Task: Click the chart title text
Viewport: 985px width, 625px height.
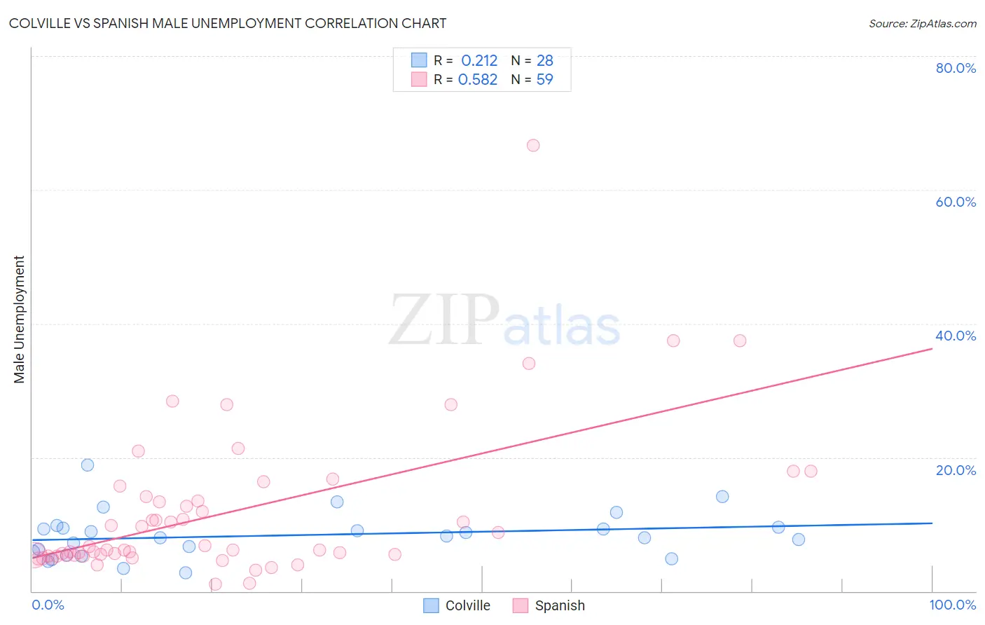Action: tap(228, 23)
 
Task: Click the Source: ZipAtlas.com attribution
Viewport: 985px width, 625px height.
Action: tap(922, 23)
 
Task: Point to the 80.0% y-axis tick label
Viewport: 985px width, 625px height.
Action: tap(956, 68)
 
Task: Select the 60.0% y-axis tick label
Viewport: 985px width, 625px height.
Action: tap(956, 202)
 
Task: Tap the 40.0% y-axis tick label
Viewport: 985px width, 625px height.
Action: tap(956, 336)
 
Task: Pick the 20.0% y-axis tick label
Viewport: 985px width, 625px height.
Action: tap(956, 470)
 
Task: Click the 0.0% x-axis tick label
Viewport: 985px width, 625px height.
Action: tap(48, 605)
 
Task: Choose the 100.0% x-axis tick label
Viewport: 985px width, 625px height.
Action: tap(952, 605)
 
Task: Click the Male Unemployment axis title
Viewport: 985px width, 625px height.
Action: tap(19, 320)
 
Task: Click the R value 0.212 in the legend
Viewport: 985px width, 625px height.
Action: tap(479, 61)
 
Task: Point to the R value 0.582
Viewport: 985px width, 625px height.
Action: tap(478, 80)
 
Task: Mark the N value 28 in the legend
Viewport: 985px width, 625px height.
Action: tap(545, 61)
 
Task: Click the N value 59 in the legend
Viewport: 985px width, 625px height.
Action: tap(545, 80)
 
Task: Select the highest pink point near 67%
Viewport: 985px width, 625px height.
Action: tap(533, 146)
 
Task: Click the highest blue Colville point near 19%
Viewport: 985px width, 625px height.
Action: tap(88, 465)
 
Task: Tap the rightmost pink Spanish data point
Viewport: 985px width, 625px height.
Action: tap(811, 471)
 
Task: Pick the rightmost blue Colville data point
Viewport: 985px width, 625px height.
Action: tap(799, 540)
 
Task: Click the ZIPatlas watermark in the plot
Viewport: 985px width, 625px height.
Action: tap(504, 321)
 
